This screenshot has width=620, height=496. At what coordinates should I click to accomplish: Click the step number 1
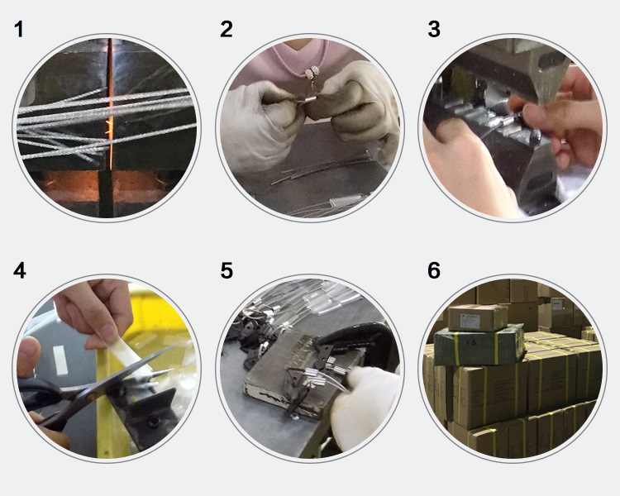[18, 30]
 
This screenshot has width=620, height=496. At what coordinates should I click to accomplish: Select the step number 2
[227, 30]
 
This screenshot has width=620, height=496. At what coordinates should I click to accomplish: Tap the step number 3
[434, 30]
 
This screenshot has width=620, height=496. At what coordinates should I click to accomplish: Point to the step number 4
[19, 271]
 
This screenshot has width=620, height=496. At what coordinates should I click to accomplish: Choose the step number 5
[227, 271]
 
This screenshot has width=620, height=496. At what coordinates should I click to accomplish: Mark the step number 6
[434, 271]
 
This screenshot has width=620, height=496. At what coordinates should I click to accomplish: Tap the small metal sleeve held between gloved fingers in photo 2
[309, 97]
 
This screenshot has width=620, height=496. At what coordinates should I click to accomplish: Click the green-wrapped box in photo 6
[479, 345]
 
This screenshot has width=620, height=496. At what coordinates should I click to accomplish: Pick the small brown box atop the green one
[478, 317]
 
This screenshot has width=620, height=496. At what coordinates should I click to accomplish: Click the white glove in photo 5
[365, 408]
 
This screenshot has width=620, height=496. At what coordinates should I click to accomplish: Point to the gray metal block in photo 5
[293, 376]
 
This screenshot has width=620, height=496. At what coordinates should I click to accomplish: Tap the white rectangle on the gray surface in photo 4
[60, 360]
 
